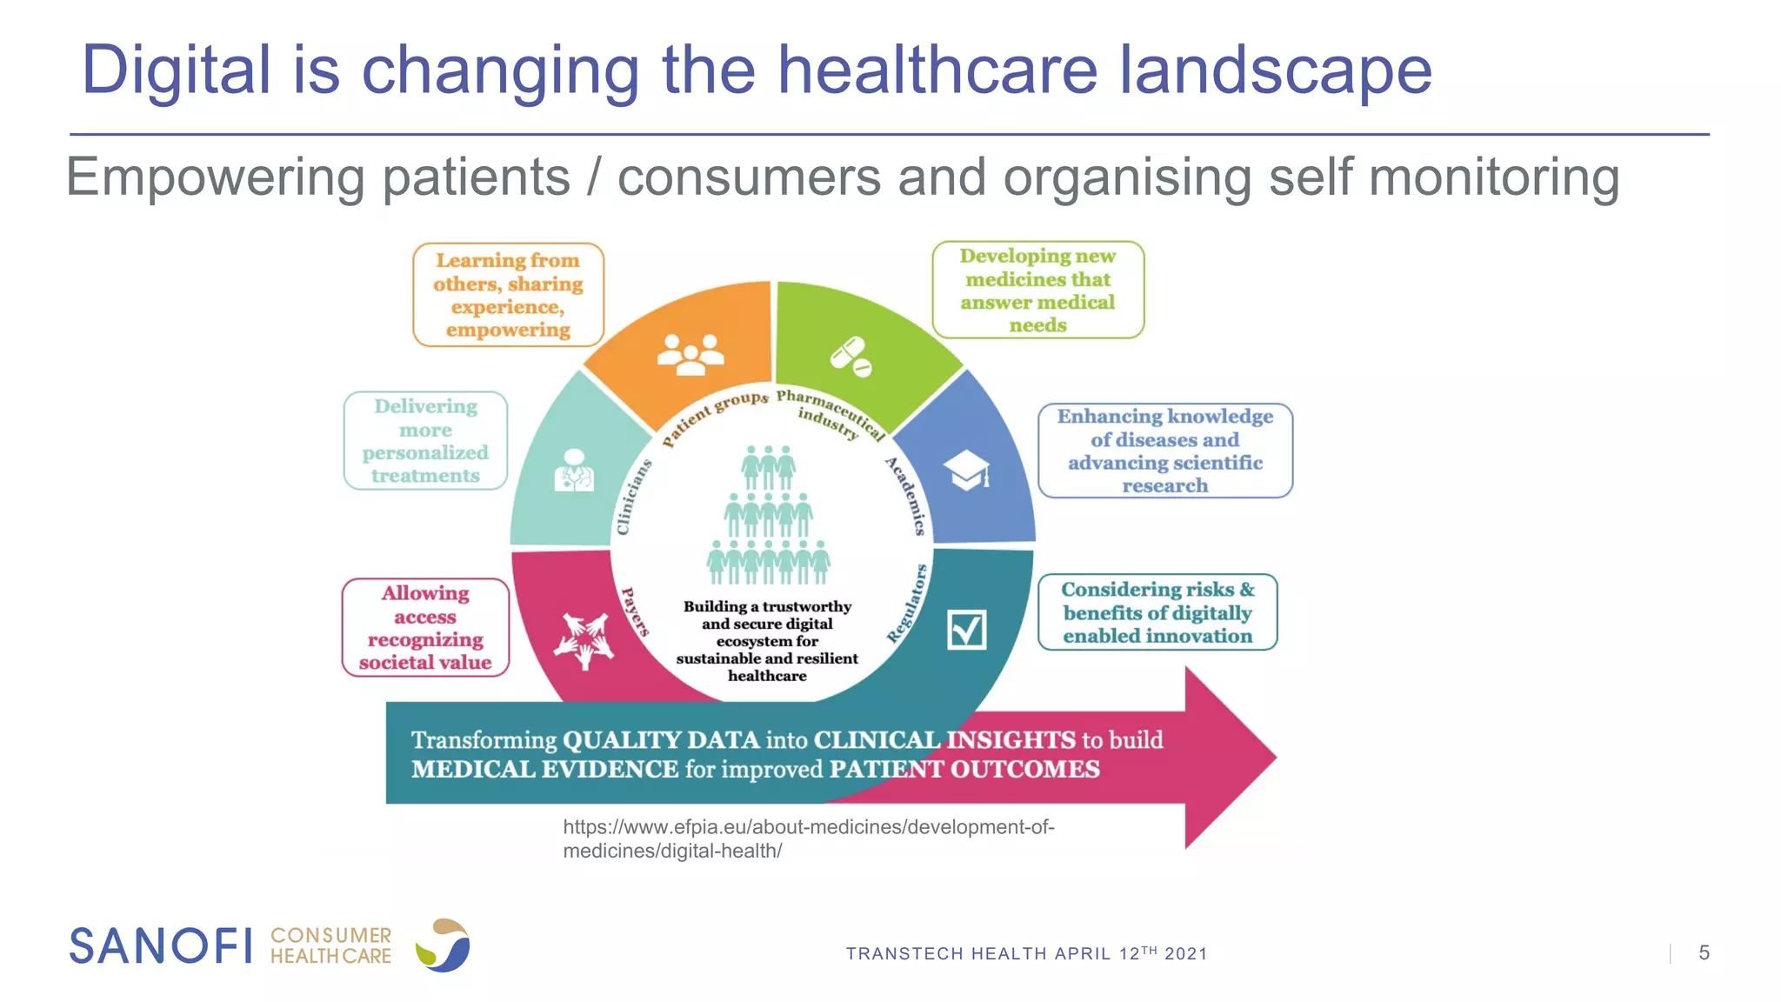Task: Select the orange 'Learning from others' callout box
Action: click(x=508, y=295)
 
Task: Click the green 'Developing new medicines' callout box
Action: click(x=1037, y=290)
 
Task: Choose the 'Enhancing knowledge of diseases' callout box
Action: click(x=1164, y=451)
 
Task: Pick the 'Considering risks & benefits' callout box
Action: click(x=1157, y=612)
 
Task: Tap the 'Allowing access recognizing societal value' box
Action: click(x=425, y=627)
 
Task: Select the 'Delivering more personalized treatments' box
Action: click(x=425, y=441)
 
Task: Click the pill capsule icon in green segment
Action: click(x=850, y=356)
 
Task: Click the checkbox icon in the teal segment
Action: click(x=966, y=630)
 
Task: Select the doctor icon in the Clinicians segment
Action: click(x=574, y=471)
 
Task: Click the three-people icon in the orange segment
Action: click(x=690, y=354)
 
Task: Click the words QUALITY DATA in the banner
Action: click(x=661, y=740)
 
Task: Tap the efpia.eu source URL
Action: click(x=808, y=838)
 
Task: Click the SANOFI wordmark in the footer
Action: click(x=161, y=946)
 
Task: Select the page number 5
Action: click(x=1704, y=953)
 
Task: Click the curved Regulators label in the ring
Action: click(x=907, y=604)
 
